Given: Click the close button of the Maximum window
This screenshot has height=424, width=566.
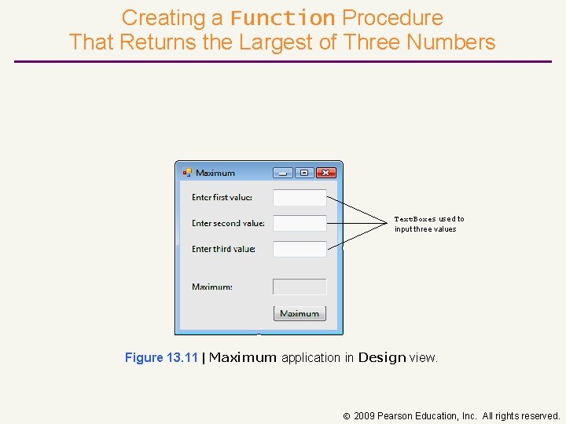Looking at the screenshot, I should pos(325,173).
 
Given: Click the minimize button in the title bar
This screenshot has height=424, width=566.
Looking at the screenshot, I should pos(283,173).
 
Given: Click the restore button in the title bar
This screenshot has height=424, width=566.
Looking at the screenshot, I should pos(304,173).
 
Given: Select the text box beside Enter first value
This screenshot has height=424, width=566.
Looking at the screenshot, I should pos(300,198).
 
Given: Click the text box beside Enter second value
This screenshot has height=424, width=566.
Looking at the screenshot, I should pos(300,224).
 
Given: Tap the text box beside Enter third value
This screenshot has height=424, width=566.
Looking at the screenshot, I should pos(300,249).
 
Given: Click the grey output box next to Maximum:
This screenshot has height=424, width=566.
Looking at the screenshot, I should pos(300,287).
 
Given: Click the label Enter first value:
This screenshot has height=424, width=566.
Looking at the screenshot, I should pos(222,198).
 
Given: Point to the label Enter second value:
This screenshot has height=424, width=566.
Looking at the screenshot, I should pos(228,224).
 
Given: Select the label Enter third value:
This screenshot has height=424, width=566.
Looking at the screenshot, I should pos(223,249).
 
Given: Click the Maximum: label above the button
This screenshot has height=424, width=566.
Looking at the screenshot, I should pos(212,287).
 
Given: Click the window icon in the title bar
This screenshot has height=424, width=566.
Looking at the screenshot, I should pos(187,173).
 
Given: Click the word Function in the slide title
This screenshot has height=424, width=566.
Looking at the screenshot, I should pos(283,18).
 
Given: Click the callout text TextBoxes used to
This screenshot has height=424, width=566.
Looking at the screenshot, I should pos(429,219).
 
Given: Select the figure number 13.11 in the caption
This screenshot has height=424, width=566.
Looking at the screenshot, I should pos(182,358).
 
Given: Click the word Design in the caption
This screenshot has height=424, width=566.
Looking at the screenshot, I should pos(382,358).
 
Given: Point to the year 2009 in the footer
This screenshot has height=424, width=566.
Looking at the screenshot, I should pos(364,416).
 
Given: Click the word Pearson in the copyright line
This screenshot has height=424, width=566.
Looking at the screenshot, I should pos(395,416).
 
